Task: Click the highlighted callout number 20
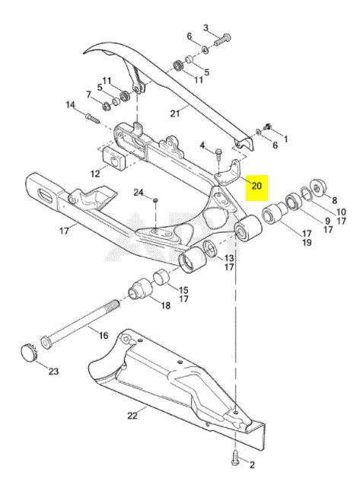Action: coord(256,186)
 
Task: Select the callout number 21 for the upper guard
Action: coord(175,113)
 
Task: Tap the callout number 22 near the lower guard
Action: coord(132,416)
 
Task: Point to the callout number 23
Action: coord(53,372)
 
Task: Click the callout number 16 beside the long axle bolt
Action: coord(104,335)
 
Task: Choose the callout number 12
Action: coord(95,174)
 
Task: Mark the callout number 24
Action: coord(139,193)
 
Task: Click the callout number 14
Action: coord(71,105)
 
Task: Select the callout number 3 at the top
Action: coord(205,27)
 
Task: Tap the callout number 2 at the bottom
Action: coord(252,464)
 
